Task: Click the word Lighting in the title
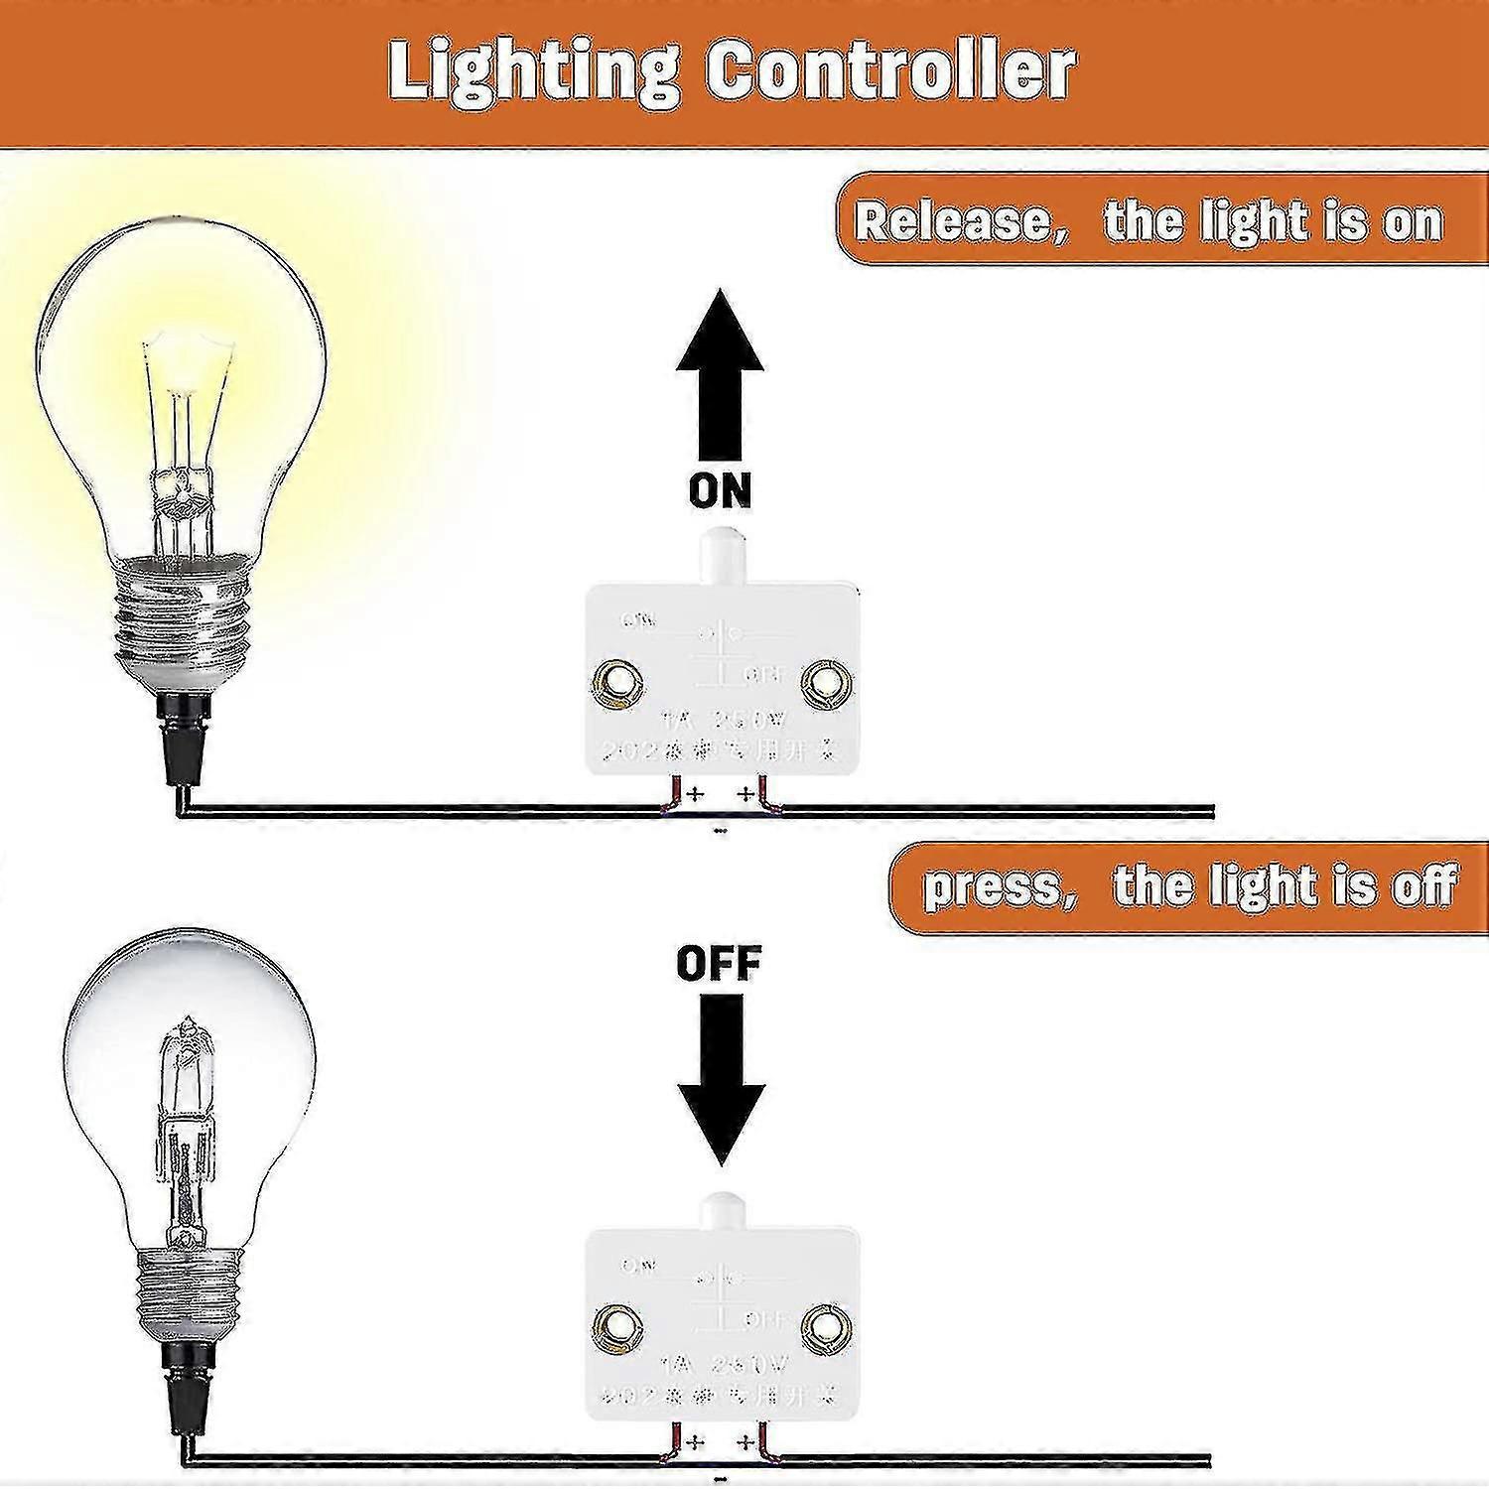[x=534, y=71]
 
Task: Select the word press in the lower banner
[x=994, y=886]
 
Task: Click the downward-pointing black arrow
[x=721, y=1077]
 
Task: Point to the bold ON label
[x=720, y=490]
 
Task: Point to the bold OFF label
[x=720, y=963]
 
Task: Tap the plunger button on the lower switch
[x=721, y=1213]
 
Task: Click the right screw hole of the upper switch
[x=826, y=683]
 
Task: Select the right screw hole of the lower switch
[x=826, y=1327]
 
